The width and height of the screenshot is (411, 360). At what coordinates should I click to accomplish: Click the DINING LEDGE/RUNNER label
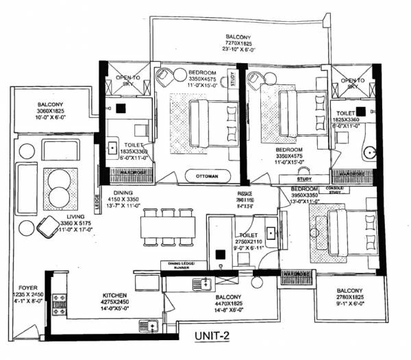[x=177, y=265]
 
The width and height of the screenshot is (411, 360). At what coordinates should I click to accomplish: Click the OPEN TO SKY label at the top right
[x=353, y=84]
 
